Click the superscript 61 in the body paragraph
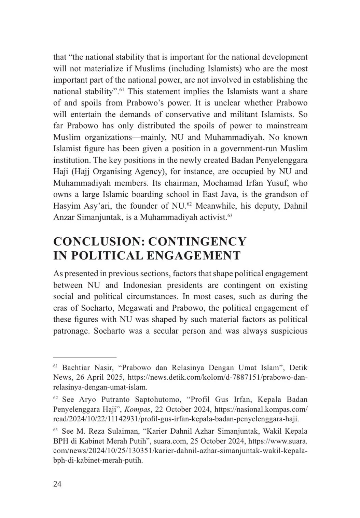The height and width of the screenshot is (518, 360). (x=122, y=90)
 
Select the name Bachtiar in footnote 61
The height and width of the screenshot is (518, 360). (x=76, y=368)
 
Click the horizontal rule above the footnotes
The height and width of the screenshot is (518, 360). (x=85, y=356)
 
